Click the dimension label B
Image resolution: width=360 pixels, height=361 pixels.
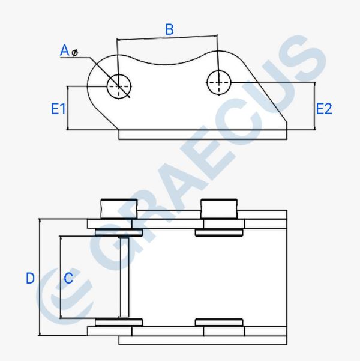tap(170, 29)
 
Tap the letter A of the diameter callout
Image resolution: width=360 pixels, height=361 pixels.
tap(64, 50)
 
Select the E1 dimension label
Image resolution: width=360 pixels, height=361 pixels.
tap(58, 109)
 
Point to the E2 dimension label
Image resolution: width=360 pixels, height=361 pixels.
tap(324, 109)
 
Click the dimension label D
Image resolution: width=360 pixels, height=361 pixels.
tap(31, 278)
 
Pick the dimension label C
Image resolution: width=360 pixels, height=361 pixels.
tap(68, 278)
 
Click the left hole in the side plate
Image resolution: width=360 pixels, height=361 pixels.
tap(119, 86)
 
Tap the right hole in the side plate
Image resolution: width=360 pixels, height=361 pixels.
tap(218, 83)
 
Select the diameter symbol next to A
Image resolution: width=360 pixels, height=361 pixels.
tap(74, 53)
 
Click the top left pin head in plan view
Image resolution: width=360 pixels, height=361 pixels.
tap(119, 209)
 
